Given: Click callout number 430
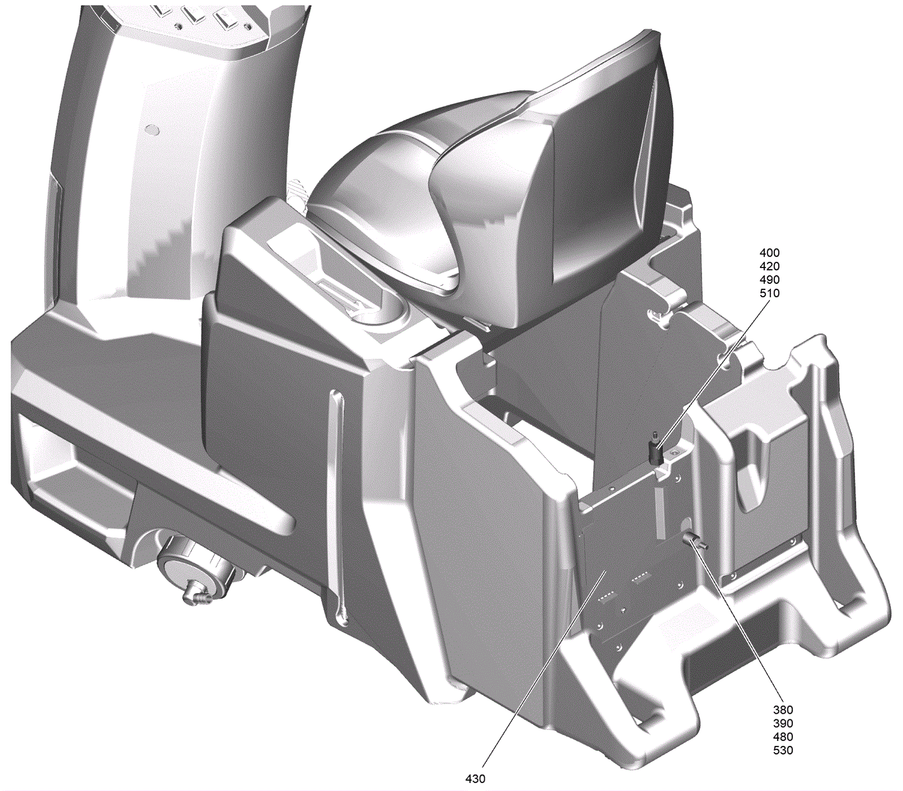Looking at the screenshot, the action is pos(475,779).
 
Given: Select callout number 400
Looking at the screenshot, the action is pos(769,253).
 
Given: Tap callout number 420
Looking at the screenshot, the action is pos(769,266).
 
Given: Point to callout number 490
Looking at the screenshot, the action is pos(769,280).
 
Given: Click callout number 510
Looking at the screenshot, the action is pos(769,293).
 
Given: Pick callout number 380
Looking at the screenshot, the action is pos(783,710).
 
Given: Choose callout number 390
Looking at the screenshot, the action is pos(783,723).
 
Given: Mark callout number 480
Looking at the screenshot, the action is pos(783,737).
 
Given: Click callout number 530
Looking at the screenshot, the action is pos(783,750).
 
